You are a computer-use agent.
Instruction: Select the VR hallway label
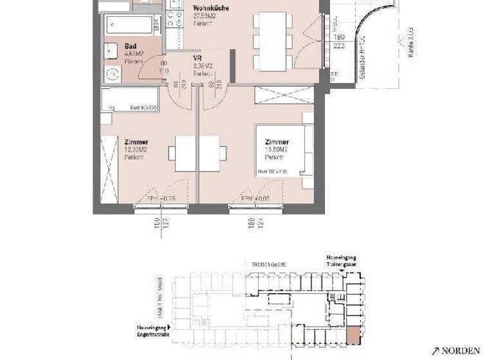[197, 58]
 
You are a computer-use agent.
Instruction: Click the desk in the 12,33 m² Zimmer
[197, 154]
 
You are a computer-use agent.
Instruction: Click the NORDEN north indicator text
[460, 350]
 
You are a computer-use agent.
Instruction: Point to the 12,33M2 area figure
[136, 150]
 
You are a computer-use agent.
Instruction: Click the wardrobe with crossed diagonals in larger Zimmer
[284, 94]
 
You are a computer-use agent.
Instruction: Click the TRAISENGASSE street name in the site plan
[266, 263]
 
